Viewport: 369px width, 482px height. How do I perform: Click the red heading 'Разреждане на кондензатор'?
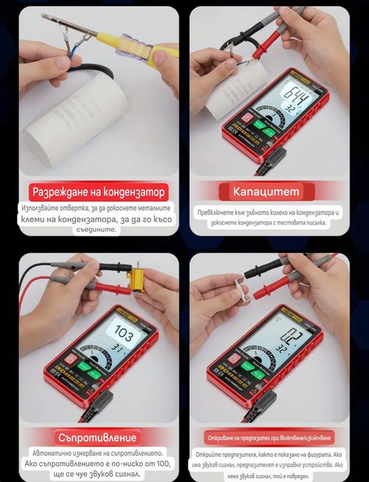[98, 192]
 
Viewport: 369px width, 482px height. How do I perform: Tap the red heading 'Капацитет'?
[266, 191]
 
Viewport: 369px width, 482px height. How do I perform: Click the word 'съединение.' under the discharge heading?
[97, 229]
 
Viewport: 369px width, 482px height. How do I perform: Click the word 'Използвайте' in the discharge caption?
[44, 208]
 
